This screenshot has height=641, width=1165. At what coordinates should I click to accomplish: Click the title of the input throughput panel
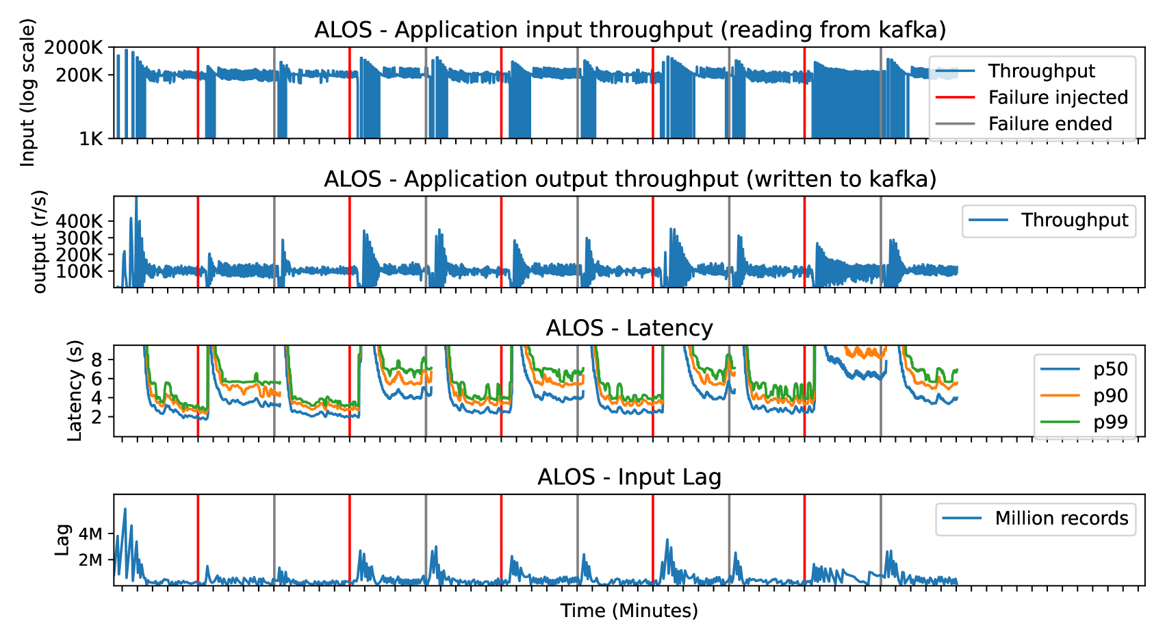point(630,30)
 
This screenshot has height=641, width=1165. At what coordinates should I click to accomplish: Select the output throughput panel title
point(630,179)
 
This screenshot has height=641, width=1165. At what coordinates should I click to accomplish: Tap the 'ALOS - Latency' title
point(629,328)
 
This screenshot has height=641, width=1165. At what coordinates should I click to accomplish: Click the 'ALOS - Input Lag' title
point(629,477)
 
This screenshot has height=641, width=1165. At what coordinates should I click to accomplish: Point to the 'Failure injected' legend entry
point(1058,97)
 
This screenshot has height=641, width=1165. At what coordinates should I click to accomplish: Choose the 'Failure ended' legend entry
point(1050,124)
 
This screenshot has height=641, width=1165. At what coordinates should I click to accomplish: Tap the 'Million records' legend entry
point(1061,518)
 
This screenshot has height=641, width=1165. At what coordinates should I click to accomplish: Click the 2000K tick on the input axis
point(73,48)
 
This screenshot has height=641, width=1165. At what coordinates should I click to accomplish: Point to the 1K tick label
point(90,139)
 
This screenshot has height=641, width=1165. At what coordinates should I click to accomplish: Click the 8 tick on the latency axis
point(97,360)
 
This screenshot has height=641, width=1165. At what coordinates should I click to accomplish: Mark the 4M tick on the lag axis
point(90,534)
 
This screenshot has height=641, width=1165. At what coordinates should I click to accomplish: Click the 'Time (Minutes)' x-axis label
point(629,611)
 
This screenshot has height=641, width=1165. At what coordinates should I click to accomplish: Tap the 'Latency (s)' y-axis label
point(75,390)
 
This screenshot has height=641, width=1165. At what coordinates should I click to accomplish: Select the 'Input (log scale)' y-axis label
point(27,92)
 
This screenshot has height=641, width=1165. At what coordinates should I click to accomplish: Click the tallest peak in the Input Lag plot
point(125,509)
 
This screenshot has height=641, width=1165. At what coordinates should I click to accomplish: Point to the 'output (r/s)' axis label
point(40,241)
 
